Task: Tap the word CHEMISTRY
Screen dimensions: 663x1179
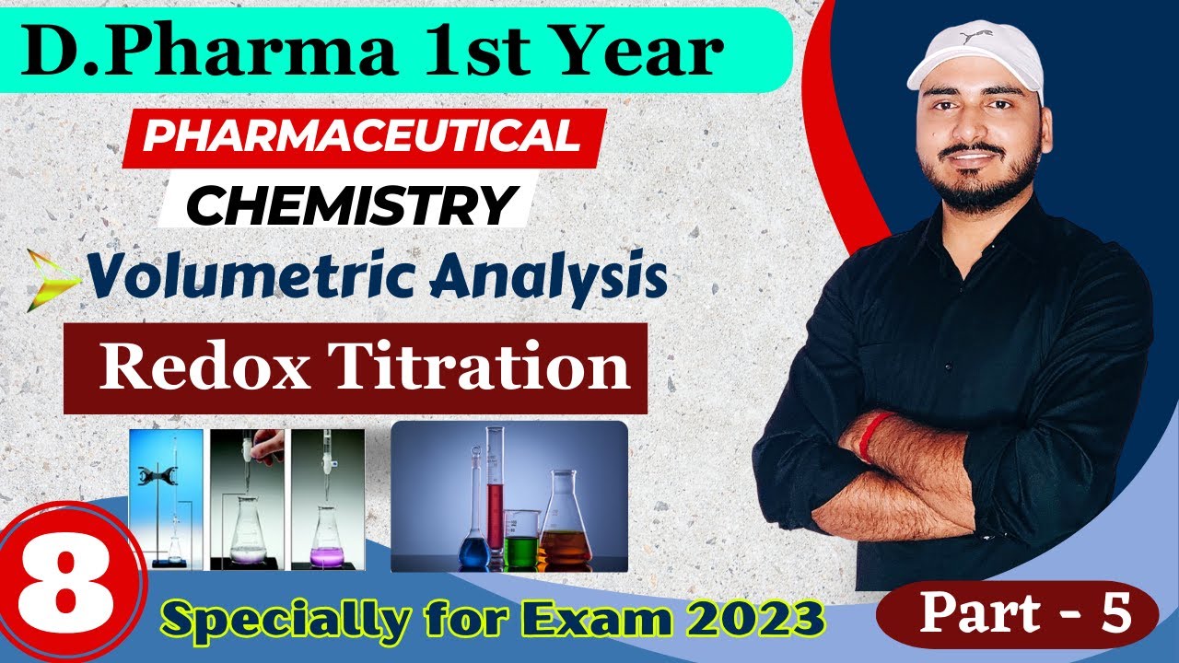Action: pyautogui.click(x=351, y=204)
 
